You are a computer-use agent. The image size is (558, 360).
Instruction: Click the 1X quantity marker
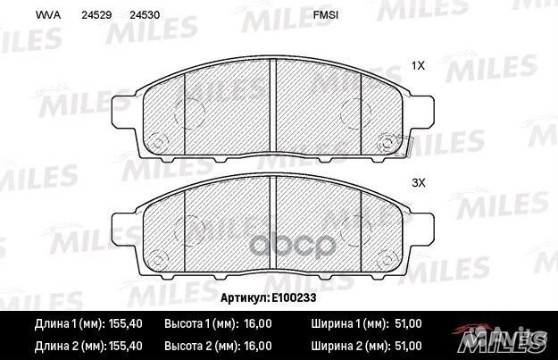click(417, 65)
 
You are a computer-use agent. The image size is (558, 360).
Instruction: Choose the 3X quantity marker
click(417, 182)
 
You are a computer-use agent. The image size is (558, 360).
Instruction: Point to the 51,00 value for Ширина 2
click(406, 343)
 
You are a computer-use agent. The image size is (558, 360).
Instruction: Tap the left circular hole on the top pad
click(158, 142)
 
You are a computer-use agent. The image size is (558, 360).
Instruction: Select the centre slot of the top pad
click(273, 98)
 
